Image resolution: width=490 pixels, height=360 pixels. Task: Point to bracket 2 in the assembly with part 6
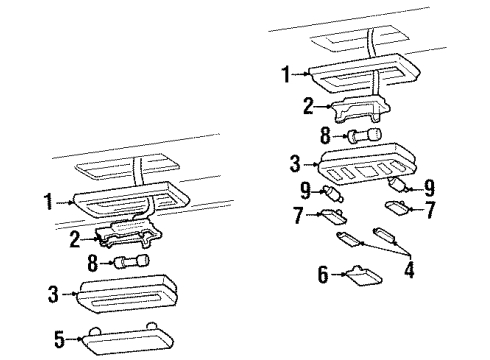pyautogui.click(x=356, y=106)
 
